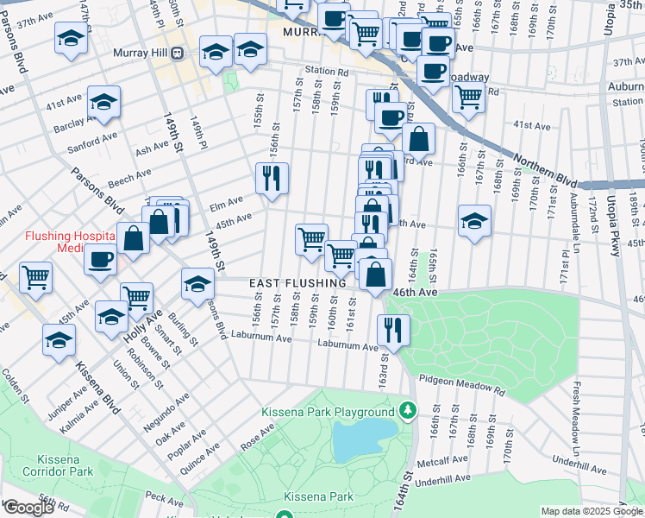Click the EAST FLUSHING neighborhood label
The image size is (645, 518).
pos(297,283)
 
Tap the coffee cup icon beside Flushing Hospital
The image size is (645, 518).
pos(101,259)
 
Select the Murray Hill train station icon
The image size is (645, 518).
pos(177,53)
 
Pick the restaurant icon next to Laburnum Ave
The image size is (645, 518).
pos(391,330)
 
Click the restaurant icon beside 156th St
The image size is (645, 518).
pos(272,179)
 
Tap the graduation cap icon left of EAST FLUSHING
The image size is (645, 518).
pos(197,282)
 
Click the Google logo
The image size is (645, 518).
pos(28,508)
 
